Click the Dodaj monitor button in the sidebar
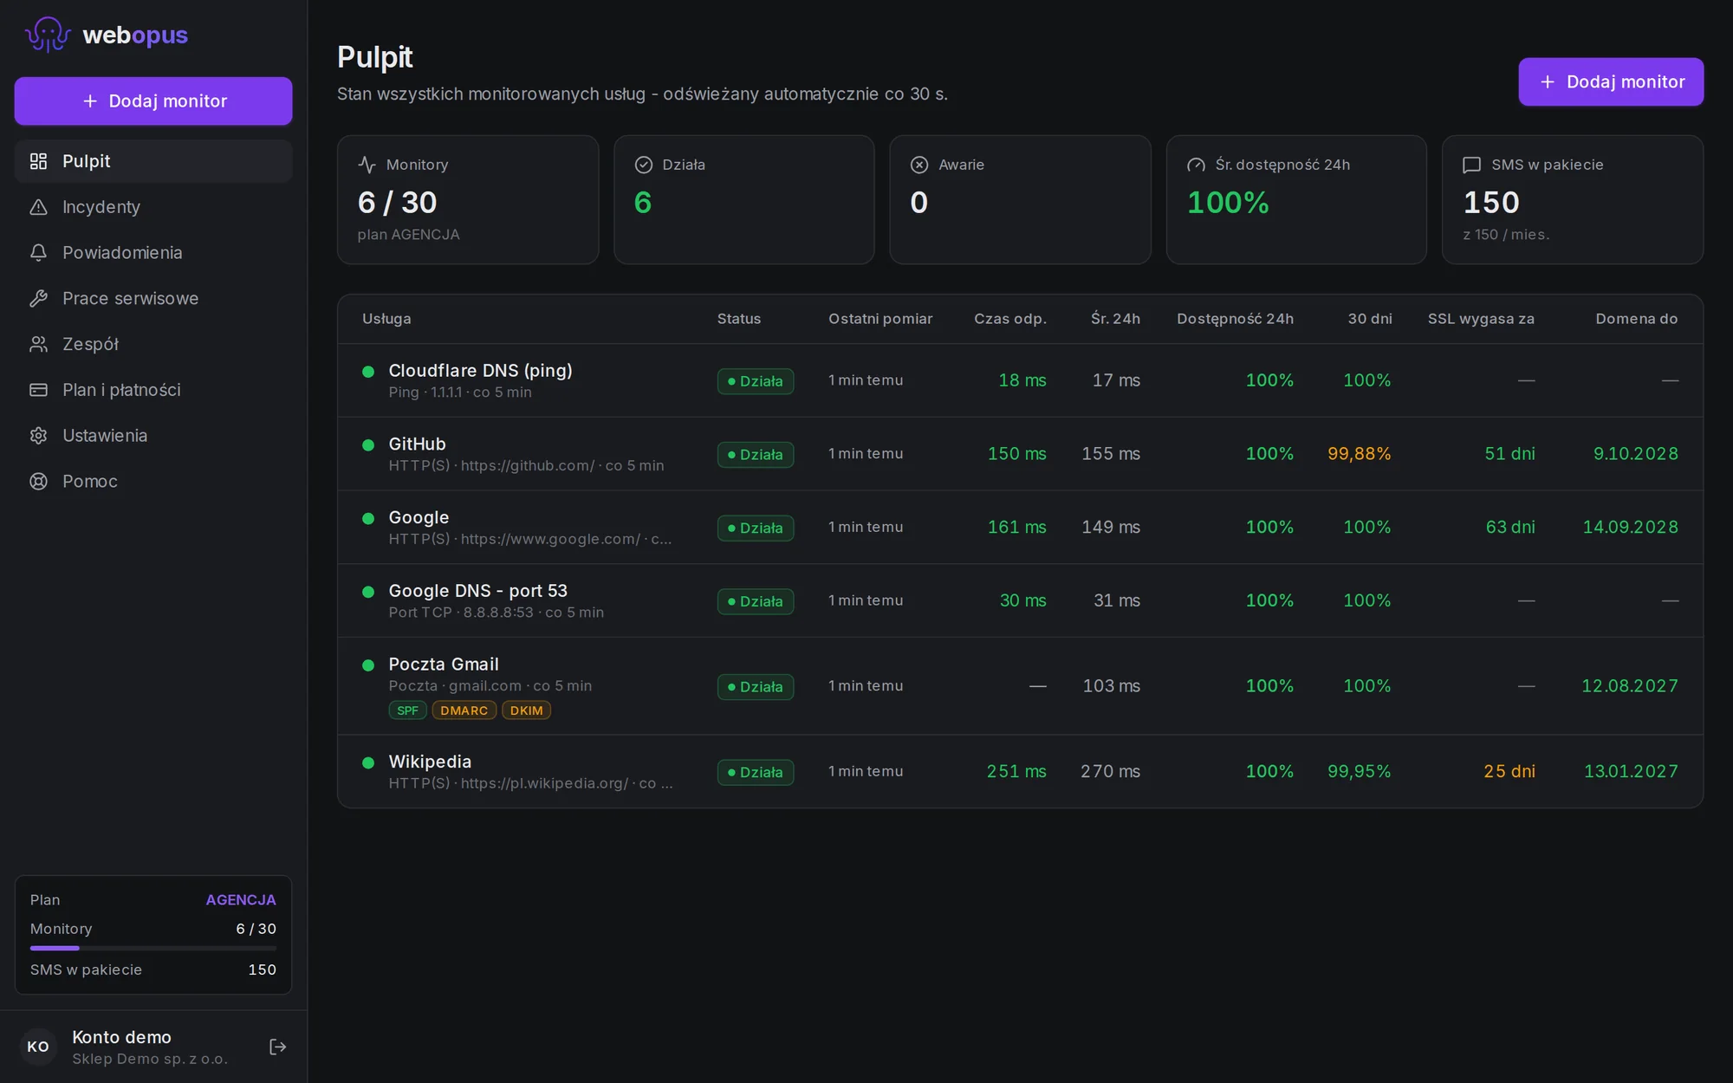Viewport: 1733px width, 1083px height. tap(153, 101)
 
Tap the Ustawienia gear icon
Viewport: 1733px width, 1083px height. tap(38, 436)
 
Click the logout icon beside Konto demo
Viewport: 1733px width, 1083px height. tap(277, 1047)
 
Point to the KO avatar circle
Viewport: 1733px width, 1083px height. tap(38, 1047)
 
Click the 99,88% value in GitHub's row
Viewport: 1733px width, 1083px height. tap(1359, 454)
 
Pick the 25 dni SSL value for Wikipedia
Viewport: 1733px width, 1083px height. tap(1509, 771)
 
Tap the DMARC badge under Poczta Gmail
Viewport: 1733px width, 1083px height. tap(464, 710)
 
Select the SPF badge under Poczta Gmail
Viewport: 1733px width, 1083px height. tap(407, 710)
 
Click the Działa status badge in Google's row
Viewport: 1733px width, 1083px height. tap(756, 528)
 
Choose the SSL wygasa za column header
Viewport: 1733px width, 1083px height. tap(1481, 319)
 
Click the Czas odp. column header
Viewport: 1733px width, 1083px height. tap(1009, 319)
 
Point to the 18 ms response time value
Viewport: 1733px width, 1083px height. tap(1022, 380)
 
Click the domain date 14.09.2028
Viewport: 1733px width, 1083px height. tap(1630, 527)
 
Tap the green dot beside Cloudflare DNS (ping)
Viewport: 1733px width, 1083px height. tap(368, 372)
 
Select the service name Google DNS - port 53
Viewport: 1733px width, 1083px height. tap(477, 591)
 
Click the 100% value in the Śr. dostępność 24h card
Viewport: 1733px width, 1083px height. tap(1227, 203)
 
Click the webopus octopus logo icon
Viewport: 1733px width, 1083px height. tap(48, 35)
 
